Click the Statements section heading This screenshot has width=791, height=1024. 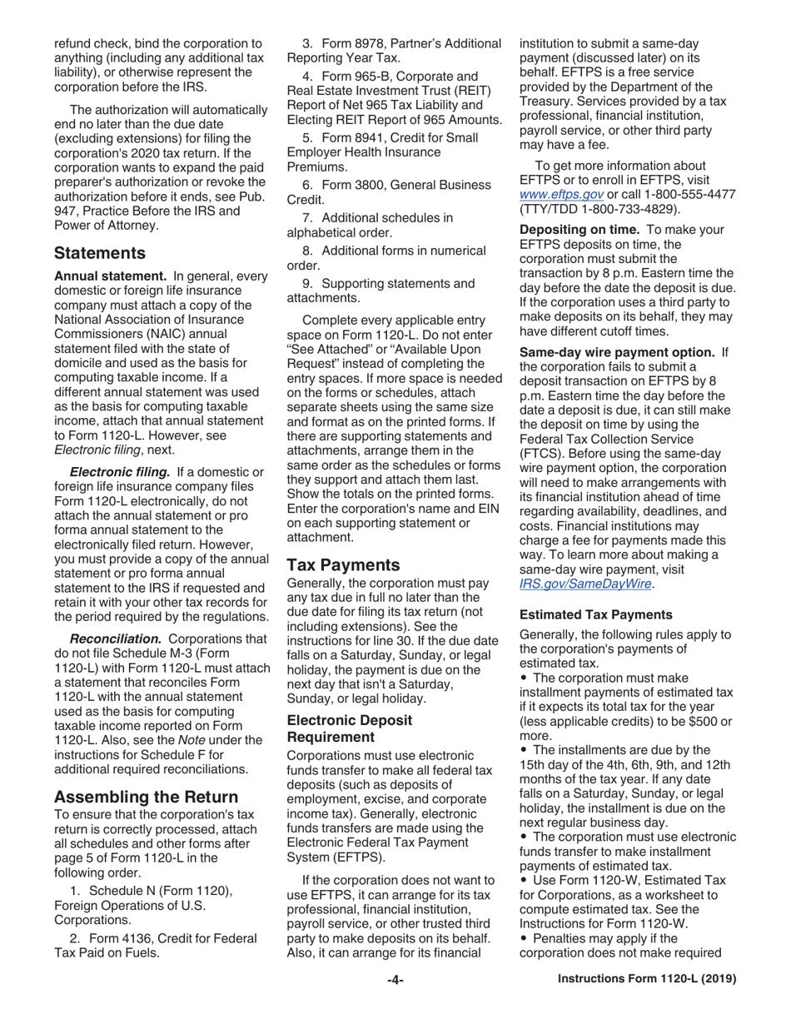pyautogui.click(x=100, y=252)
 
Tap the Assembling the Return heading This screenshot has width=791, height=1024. pyautogui.click(x=147, y=797)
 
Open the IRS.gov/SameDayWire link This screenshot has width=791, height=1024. pyautogui.click(x=585, y=584)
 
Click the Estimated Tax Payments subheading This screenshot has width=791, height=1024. pyautogui.click(x=595, y=614)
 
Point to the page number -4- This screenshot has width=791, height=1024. pyautogui.click(x=395, y=980)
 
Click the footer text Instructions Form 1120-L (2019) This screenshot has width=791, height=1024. pyautogui.click(x=647, y=980)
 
